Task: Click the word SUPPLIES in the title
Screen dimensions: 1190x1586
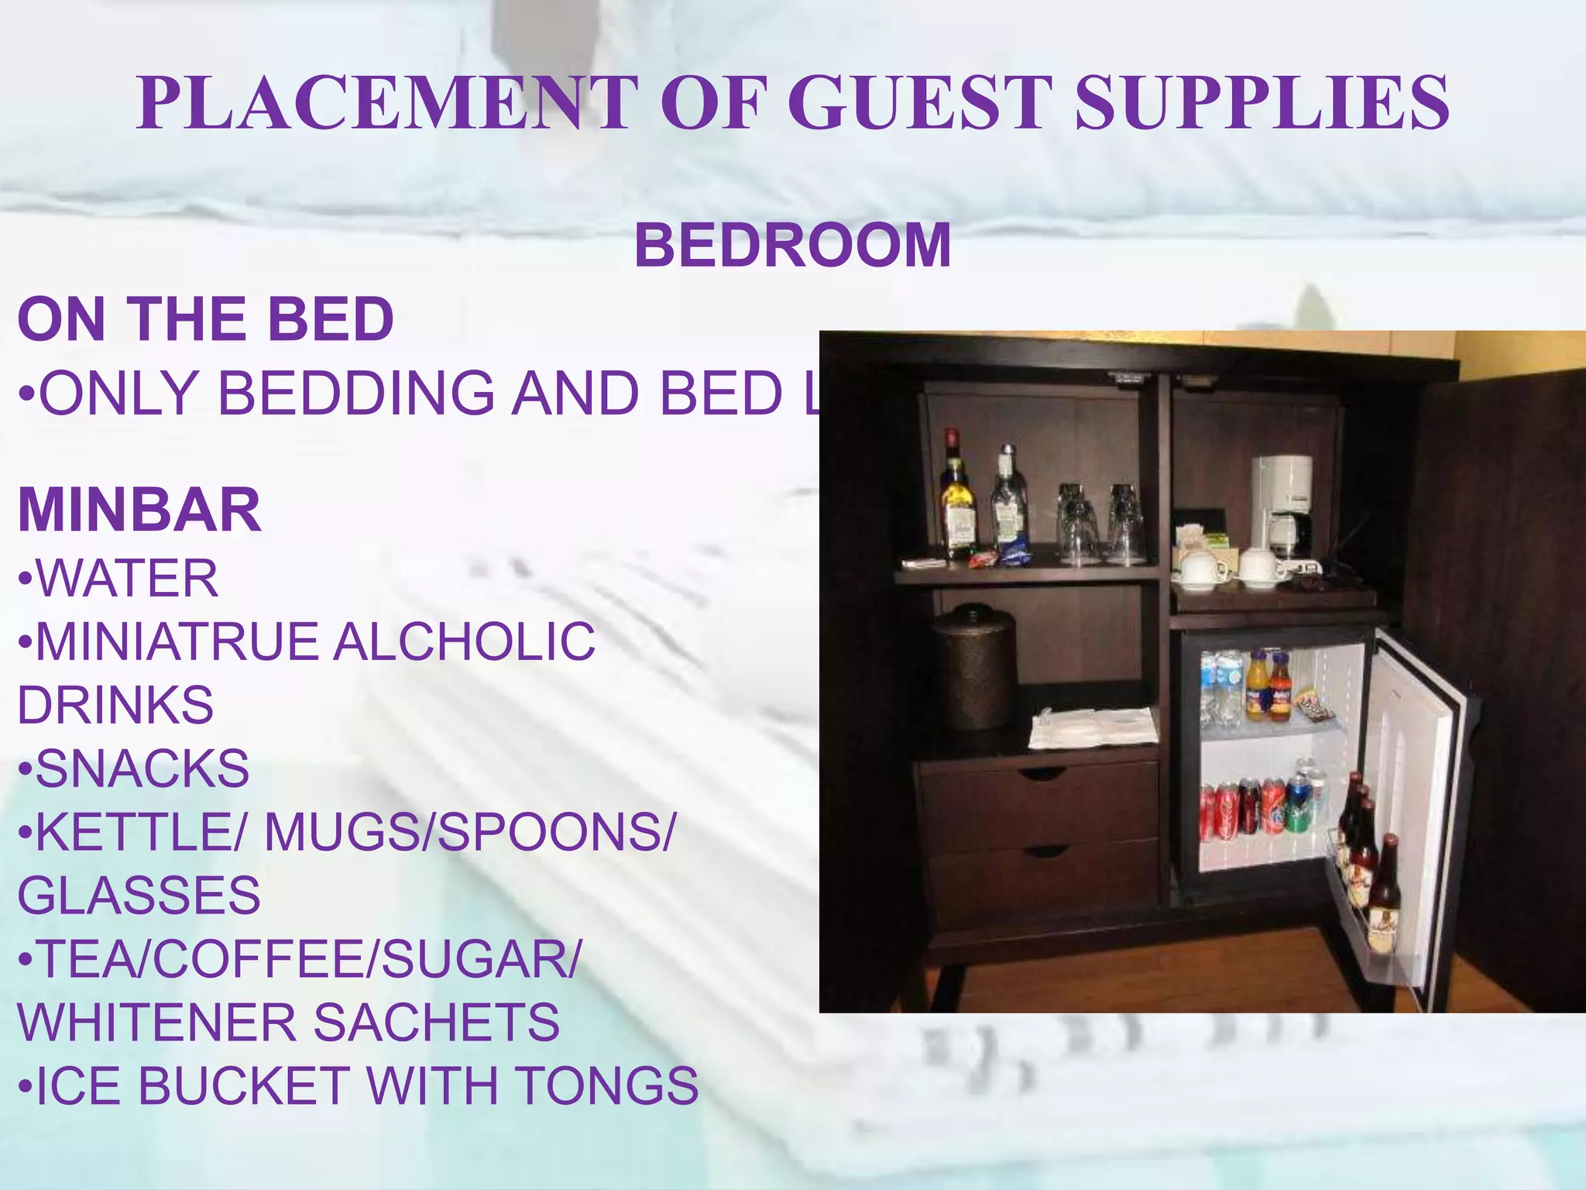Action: (x=1262, y=102)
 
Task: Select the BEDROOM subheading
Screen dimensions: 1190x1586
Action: (x=792, y=245)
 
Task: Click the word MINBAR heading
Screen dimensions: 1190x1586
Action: (x=139, y=510)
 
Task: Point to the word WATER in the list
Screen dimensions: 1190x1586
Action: (x=128, y=578)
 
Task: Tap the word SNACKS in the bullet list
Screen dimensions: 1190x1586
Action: (x=142, y=769)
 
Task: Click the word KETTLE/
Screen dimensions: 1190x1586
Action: (x=139, y=832)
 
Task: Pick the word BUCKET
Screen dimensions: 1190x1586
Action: (x=244, y=1085)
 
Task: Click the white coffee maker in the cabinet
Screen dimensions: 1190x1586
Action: (x=1282, y=504)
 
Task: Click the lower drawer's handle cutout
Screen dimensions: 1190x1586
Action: (x=1045, y=851)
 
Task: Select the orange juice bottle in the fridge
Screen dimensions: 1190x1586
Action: (x=1256, y=686)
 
